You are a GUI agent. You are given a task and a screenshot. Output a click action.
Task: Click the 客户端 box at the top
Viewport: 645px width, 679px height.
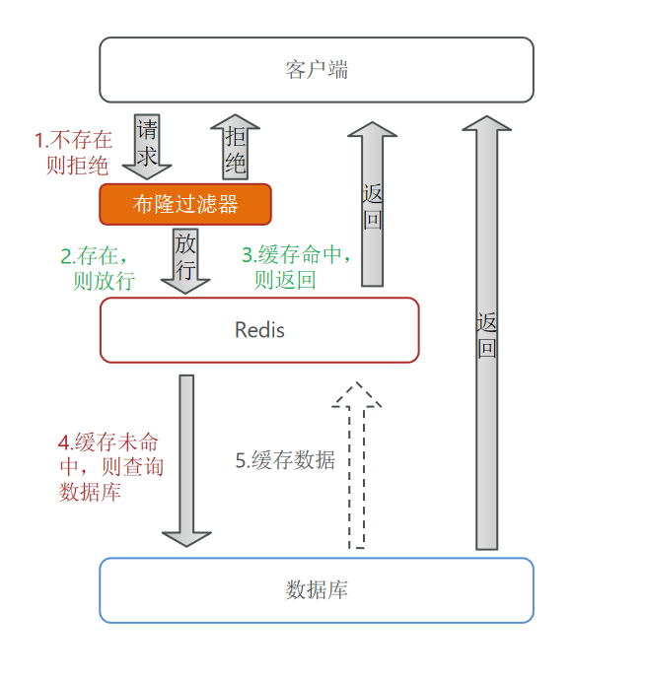click(317, 70)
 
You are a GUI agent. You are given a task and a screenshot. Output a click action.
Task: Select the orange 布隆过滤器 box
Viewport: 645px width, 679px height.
click(185, 204)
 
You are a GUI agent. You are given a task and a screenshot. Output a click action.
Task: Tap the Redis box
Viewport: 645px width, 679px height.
click(259, 330)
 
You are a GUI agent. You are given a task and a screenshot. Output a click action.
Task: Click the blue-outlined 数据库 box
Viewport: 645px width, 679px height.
click(317, 590)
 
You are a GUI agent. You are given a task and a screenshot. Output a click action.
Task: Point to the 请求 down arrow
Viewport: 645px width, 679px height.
click(147, 147)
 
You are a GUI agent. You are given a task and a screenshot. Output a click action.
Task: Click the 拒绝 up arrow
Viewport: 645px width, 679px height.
click(236, 147)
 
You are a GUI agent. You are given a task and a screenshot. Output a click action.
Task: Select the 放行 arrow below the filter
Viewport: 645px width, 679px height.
click(185, 261)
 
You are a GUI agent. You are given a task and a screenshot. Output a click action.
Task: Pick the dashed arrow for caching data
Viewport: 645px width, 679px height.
click(356, 465)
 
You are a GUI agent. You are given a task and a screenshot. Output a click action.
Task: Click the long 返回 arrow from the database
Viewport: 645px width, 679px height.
click(487, 332)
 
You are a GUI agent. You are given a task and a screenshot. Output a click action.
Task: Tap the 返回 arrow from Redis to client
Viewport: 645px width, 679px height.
click(373, 204)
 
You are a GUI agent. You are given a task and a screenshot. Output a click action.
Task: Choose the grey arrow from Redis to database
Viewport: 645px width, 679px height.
click(186, 461)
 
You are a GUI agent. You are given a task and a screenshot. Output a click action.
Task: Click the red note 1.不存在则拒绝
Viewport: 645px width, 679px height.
click(73, 153)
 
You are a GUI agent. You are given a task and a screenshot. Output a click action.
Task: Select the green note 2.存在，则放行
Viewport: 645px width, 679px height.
click(98, 268)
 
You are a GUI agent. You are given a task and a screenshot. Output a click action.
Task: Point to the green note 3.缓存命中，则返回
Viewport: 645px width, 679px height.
click(296, 267)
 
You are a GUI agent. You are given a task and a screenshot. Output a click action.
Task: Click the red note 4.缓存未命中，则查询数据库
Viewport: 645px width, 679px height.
click(111, 467)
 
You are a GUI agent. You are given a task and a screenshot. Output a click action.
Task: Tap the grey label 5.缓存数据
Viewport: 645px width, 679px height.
click(285, 460)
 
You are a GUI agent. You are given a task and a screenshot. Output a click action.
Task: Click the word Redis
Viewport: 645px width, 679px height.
click(259, 330)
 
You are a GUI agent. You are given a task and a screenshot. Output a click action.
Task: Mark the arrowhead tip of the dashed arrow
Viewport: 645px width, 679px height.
click(357, 382)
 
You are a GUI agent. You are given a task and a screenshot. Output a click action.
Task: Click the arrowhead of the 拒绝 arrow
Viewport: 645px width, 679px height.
click(236, 121)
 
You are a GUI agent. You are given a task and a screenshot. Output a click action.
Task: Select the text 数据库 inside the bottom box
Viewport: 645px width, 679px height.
click(317, 589)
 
